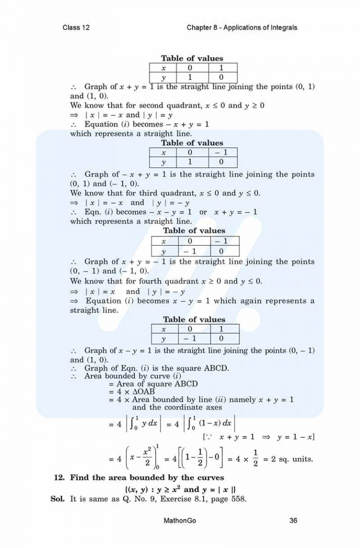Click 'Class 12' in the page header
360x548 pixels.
(76, 27)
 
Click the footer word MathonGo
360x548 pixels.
(180, 520)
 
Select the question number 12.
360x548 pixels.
(59, 478)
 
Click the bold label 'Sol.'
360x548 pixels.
(58, 499)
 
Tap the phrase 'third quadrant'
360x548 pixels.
(161, 193)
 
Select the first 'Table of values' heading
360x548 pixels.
(192, 59)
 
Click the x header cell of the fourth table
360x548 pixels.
(164, 329)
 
